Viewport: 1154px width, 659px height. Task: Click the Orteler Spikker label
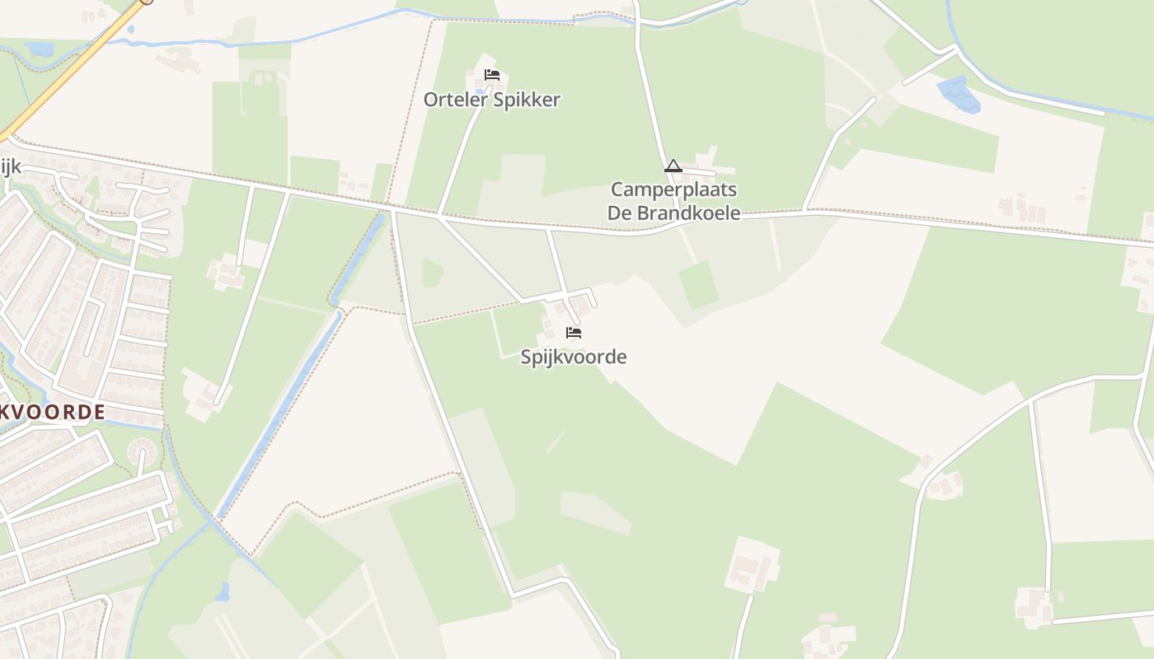(x=491, y=100)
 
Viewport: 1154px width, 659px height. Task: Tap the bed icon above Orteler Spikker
(x=492, y=75)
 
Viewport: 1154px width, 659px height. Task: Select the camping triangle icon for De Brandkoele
(x=673, y=166)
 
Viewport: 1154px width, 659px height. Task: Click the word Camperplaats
(x=673, y=190)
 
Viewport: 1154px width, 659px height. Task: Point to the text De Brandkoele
(x=673, y=213)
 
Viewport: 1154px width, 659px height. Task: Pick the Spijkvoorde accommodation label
(x=573, y=357)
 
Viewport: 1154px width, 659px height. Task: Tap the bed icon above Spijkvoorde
(x=574, y=333)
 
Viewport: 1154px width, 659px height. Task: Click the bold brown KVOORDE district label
(x=53, y=412)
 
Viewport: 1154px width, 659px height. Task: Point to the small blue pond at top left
(x=39, y=49)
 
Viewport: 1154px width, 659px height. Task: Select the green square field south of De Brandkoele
(x=698, y=285)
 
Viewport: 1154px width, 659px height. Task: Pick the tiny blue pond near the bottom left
(x=222, y=591)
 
